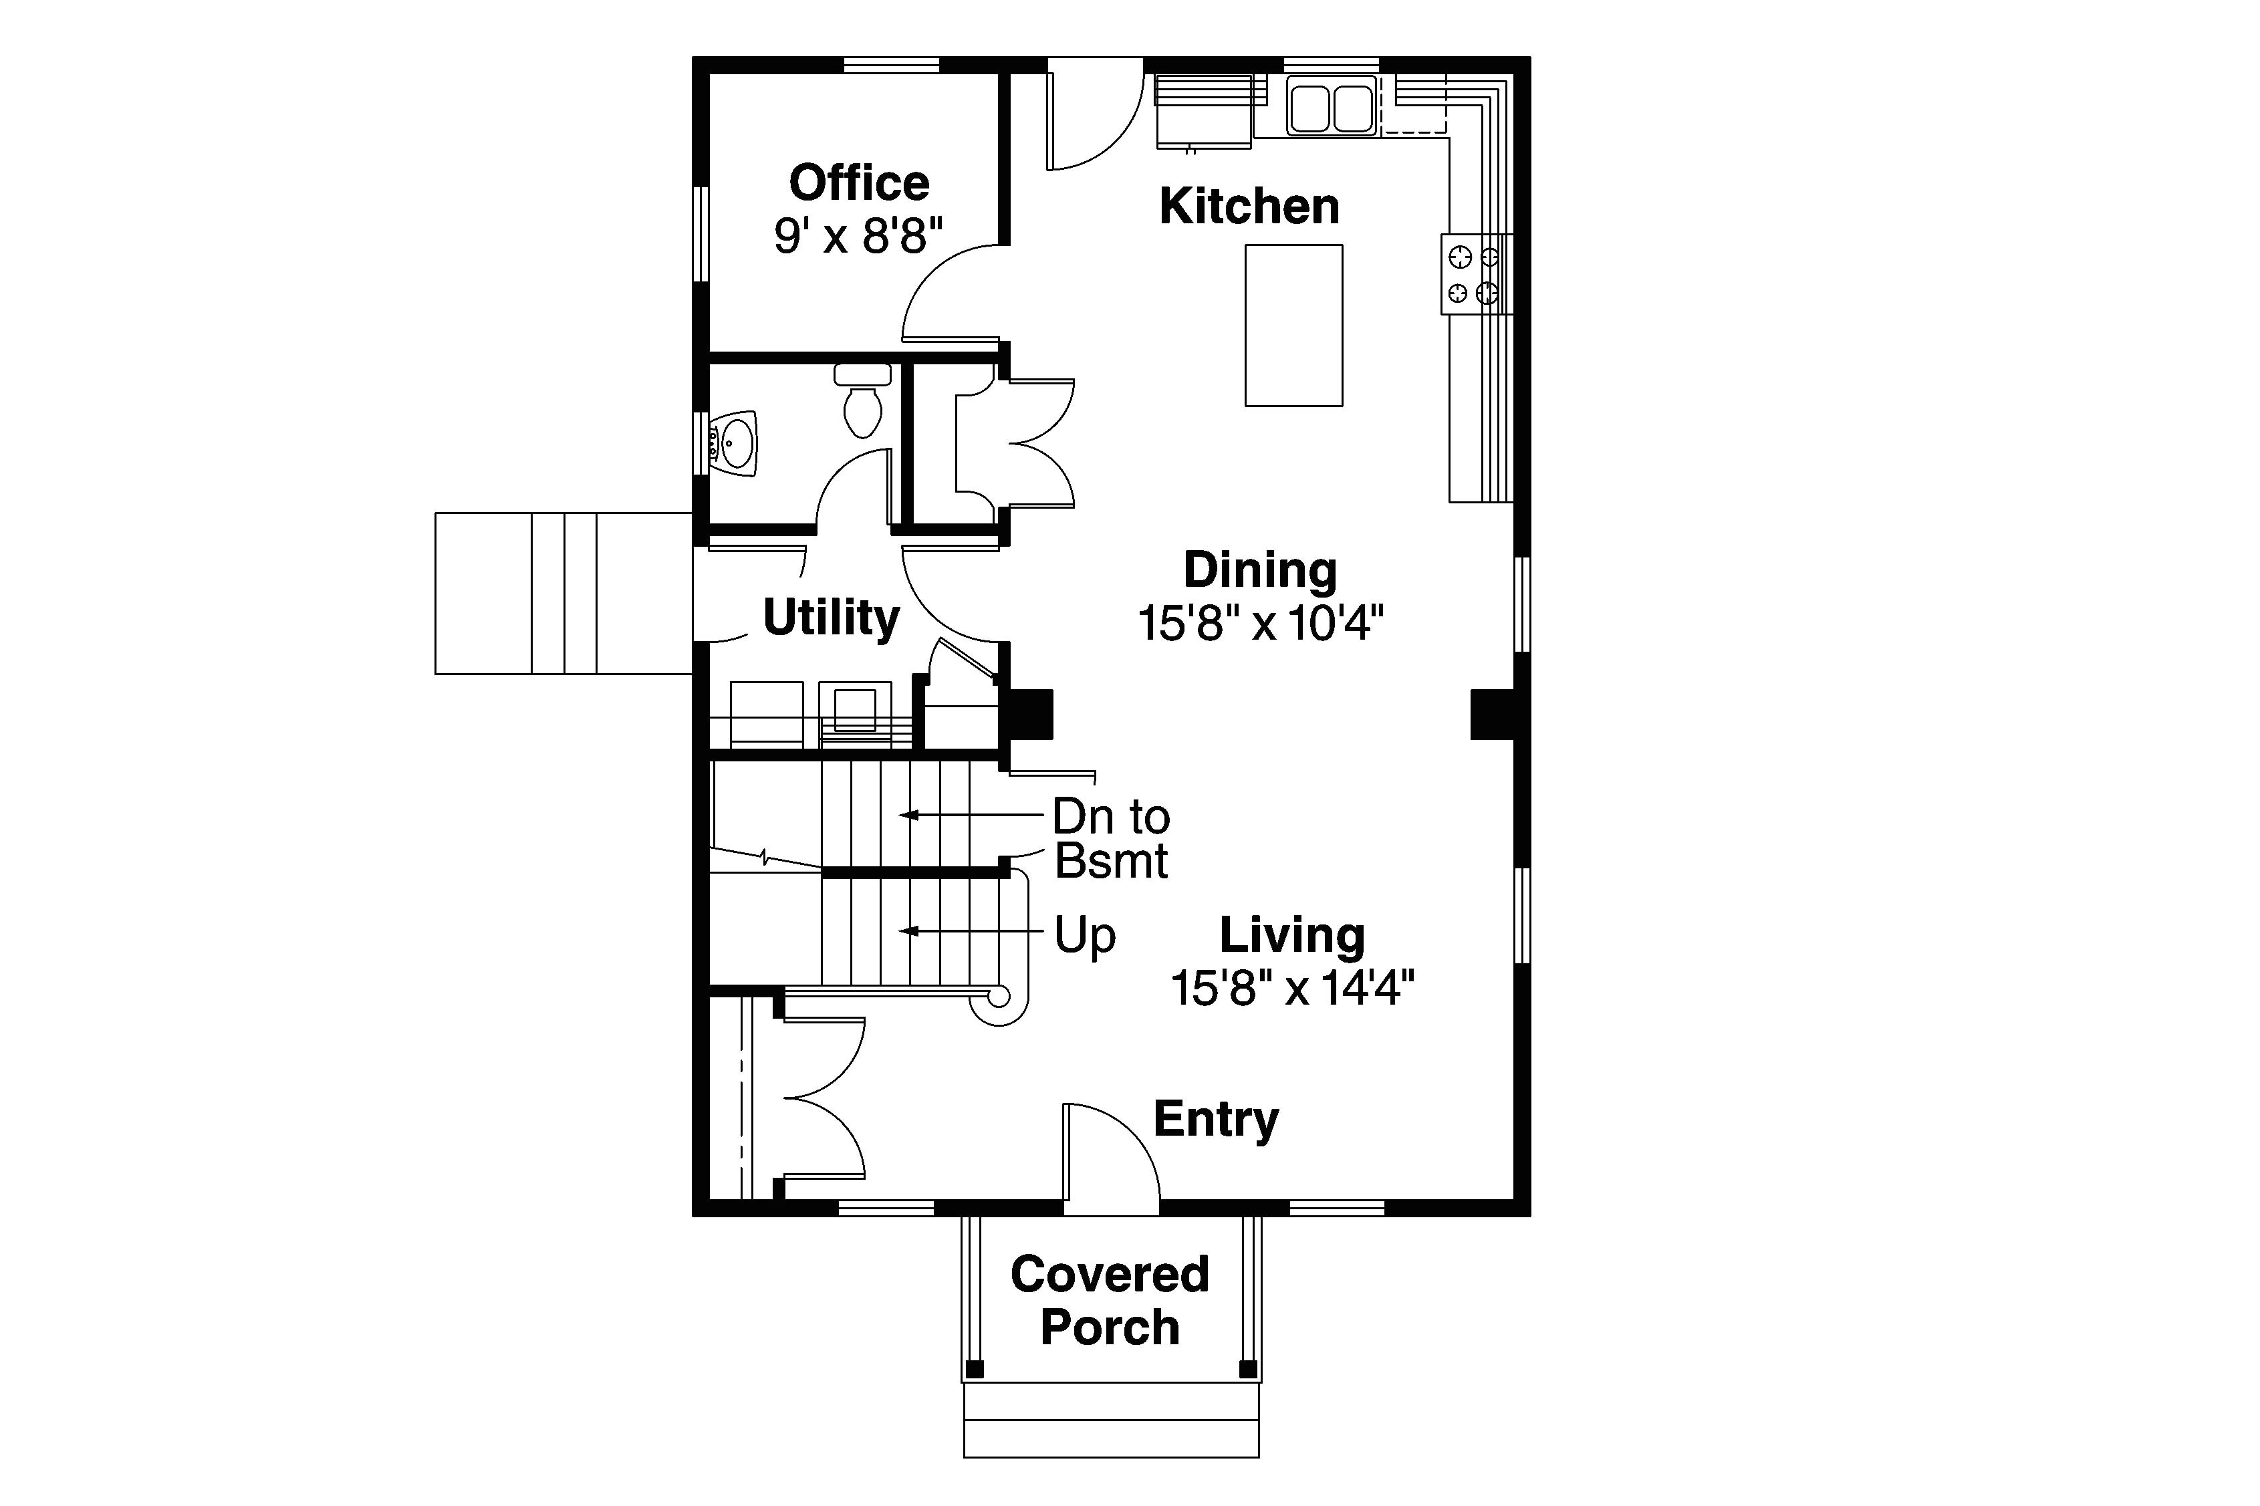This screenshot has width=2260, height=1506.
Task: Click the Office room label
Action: pos(859,182)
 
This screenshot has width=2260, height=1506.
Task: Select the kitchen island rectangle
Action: pos(1293,325)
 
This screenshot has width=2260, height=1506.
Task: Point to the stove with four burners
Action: pos(1475,274)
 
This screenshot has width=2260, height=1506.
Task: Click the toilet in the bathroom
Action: pos(862,403)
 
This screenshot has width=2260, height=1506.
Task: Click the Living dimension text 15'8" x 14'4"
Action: pos(1292,987)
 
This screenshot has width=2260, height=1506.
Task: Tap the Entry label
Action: pos(1215,1118)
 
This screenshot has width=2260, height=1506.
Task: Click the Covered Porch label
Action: pos(1110,1301)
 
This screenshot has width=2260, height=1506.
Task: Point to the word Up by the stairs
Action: pos(1084,934)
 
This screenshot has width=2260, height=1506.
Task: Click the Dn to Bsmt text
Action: pos(1110,838)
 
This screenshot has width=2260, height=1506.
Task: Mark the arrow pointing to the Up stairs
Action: pos(970,930)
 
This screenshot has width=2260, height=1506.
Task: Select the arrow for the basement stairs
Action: pos(970,814)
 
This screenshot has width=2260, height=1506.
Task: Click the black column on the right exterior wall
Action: pos(1491,715)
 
